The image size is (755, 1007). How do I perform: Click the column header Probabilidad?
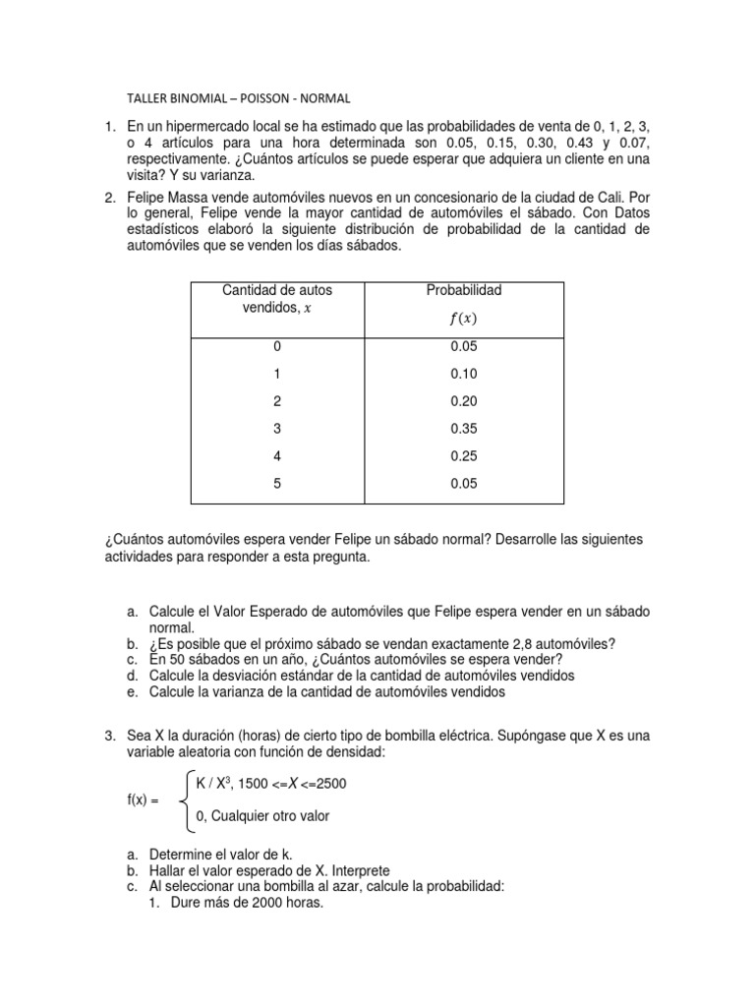click(x=464, y=290)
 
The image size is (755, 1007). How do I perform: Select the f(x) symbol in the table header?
click(x=464, y=318)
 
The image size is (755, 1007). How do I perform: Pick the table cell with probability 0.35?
click(x=464, y=429)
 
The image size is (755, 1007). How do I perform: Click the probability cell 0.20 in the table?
click(x=464, y=401)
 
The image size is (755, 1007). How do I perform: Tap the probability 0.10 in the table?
click(x=464, y=374)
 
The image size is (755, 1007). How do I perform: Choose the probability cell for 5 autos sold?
click(x=464, y=484)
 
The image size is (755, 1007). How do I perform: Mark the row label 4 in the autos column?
click(x=277, y=456)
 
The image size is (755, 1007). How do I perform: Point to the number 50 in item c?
click(x=177, y=660)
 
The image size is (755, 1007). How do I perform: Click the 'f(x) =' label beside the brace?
click(x=144, y=800)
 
